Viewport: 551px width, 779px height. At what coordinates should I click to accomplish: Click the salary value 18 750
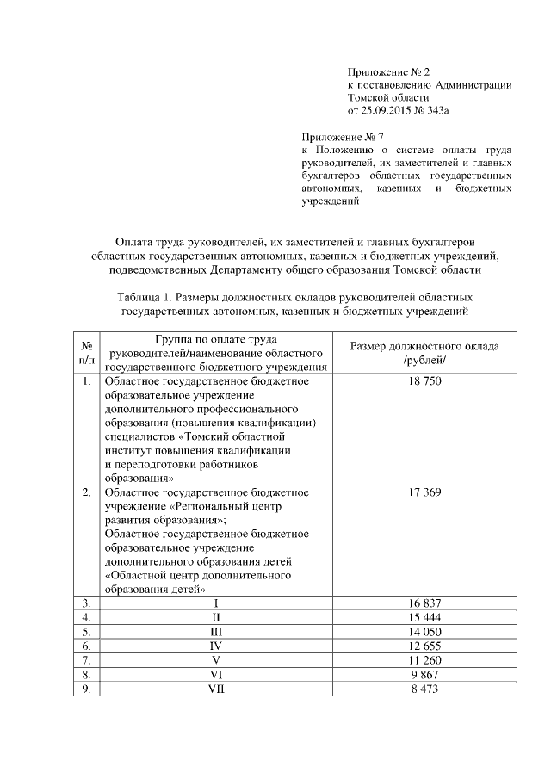(x=425, y=381)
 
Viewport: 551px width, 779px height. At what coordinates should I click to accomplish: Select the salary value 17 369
(x=425, y=493)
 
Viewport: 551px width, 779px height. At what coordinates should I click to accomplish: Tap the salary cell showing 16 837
(x=425, y=603)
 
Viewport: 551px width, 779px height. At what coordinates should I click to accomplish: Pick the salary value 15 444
(x=425, y=618)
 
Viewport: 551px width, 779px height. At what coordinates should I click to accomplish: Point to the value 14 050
(x=425, y=632)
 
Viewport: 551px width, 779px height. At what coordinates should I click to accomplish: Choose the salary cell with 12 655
(x=425, y=646)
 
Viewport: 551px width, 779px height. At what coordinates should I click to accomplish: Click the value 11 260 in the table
(x=425, y=660)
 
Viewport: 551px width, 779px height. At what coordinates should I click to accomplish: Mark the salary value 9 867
(x=425, y=674)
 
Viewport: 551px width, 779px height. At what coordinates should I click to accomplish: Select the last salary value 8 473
(x=425, y=689)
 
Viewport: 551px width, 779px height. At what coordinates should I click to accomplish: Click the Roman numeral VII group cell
(x=216, y=689)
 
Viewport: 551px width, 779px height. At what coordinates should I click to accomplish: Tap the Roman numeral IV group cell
(x=216, y=646)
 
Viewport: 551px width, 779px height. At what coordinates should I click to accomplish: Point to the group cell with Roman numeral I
(x=216, y=603)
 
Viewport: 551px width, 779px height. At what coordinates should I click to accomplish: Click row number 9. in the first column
(x=86, y=689)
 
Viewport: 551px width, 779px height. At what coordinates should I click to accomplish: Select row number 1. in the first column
(x=86, y=381)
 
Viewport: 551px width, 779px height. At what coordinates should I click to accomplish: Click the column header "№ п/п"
(x=86, y=352)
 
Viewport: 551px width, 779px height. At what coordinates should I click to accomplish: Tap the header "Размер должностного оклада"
(x=425, y=346)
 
